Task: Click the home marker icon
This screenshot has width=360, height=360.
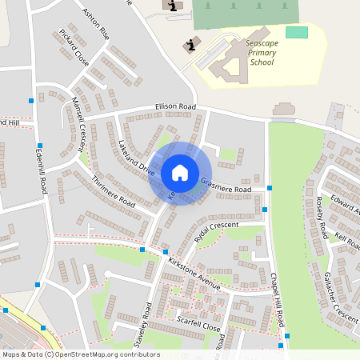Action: tap(179, 172)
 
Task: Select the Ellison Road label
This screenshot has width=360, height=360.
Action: tap(175, 107)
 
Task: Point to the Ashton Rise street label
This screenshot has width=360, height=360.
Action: tap(95, 26)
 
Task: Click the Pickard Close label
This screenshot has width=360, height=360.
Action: tap(74, 47)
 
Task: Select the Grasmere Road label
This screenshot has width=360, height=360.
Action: tap(226, 185)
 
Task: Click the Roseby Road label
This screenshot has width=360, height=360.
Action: tap(321, 218)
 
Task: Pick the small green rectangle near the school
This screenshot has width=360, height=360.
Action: tap(296, 32)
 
